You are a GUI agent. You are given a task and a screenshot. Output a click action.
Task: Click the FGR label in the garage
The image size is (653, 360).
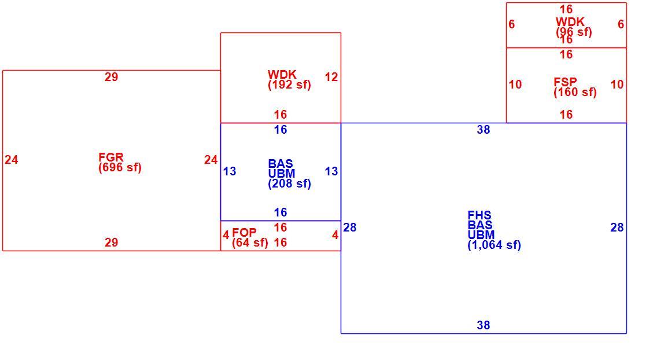(x=111, y=157)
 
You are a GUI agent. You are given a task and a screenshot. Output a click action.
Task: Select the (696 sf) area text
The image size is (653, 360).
(x=120, y=167)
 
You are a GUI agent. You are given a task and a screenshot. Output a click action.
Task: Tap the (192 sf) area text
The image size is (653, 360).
(x=289, y=85)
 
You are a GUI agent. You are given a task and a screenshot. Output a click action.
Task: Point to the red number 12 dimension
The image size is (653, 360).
(x=331, y=77)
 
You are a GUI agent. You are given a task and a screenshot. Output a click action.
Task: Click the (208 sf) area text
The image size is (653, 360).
(x=289, y=183)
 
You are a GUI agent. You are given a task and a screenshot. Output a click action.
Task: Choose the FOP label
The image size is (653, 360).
(x=245, y=233)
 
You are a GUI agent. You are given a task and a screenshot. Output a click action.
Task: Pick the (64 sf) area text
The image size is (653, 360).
(x=250, y=243)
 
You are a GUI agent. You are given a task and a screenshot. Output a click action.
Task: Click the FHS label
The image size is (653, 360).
(x=479, y=215)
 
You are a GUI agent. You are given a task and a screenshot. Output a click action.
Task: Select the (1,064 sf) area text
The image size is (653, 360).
(x=495, y=245)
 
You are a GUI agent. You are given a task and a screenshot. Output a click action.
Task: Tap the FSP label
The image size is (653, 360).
(x=565, y=82)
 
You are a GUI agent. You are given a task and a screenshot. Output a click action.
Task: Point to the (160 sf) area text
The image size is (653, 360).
(x=575, y=92)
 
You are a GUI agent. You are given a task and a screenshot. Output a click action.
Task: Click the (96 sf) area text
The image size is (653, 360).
(x=574, y=32)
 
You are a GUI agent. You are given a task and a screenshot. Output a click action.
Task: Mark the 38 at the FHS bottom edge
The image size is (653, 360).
(x=484, y=325)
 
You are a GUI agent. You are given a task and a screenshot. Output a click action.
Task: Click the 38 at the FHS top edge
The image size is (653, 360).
(x=484, y=130)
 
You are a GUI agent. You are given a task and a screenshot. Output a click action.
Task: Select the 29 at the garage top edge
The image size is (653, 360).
(x=111, y=77)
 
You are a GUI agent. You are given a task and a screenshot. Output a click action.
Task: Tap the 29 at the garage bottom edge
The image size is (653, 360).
(x=111, y=243)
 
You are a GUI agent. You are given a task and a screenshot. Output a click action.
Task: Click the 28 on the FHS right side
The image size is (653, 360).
(x=617, y=227)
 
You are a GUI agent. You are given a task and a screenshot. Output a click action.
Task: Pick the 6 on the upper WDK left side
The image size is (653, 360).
(x=512, y=24)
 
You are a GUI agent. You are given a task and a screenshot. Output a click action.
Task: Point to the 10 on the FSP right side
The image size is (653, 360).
(x=617, y=85)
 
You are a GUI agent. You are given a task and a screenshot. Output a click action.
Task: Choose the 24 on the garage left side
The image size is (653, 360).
(x=11, y=160)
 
